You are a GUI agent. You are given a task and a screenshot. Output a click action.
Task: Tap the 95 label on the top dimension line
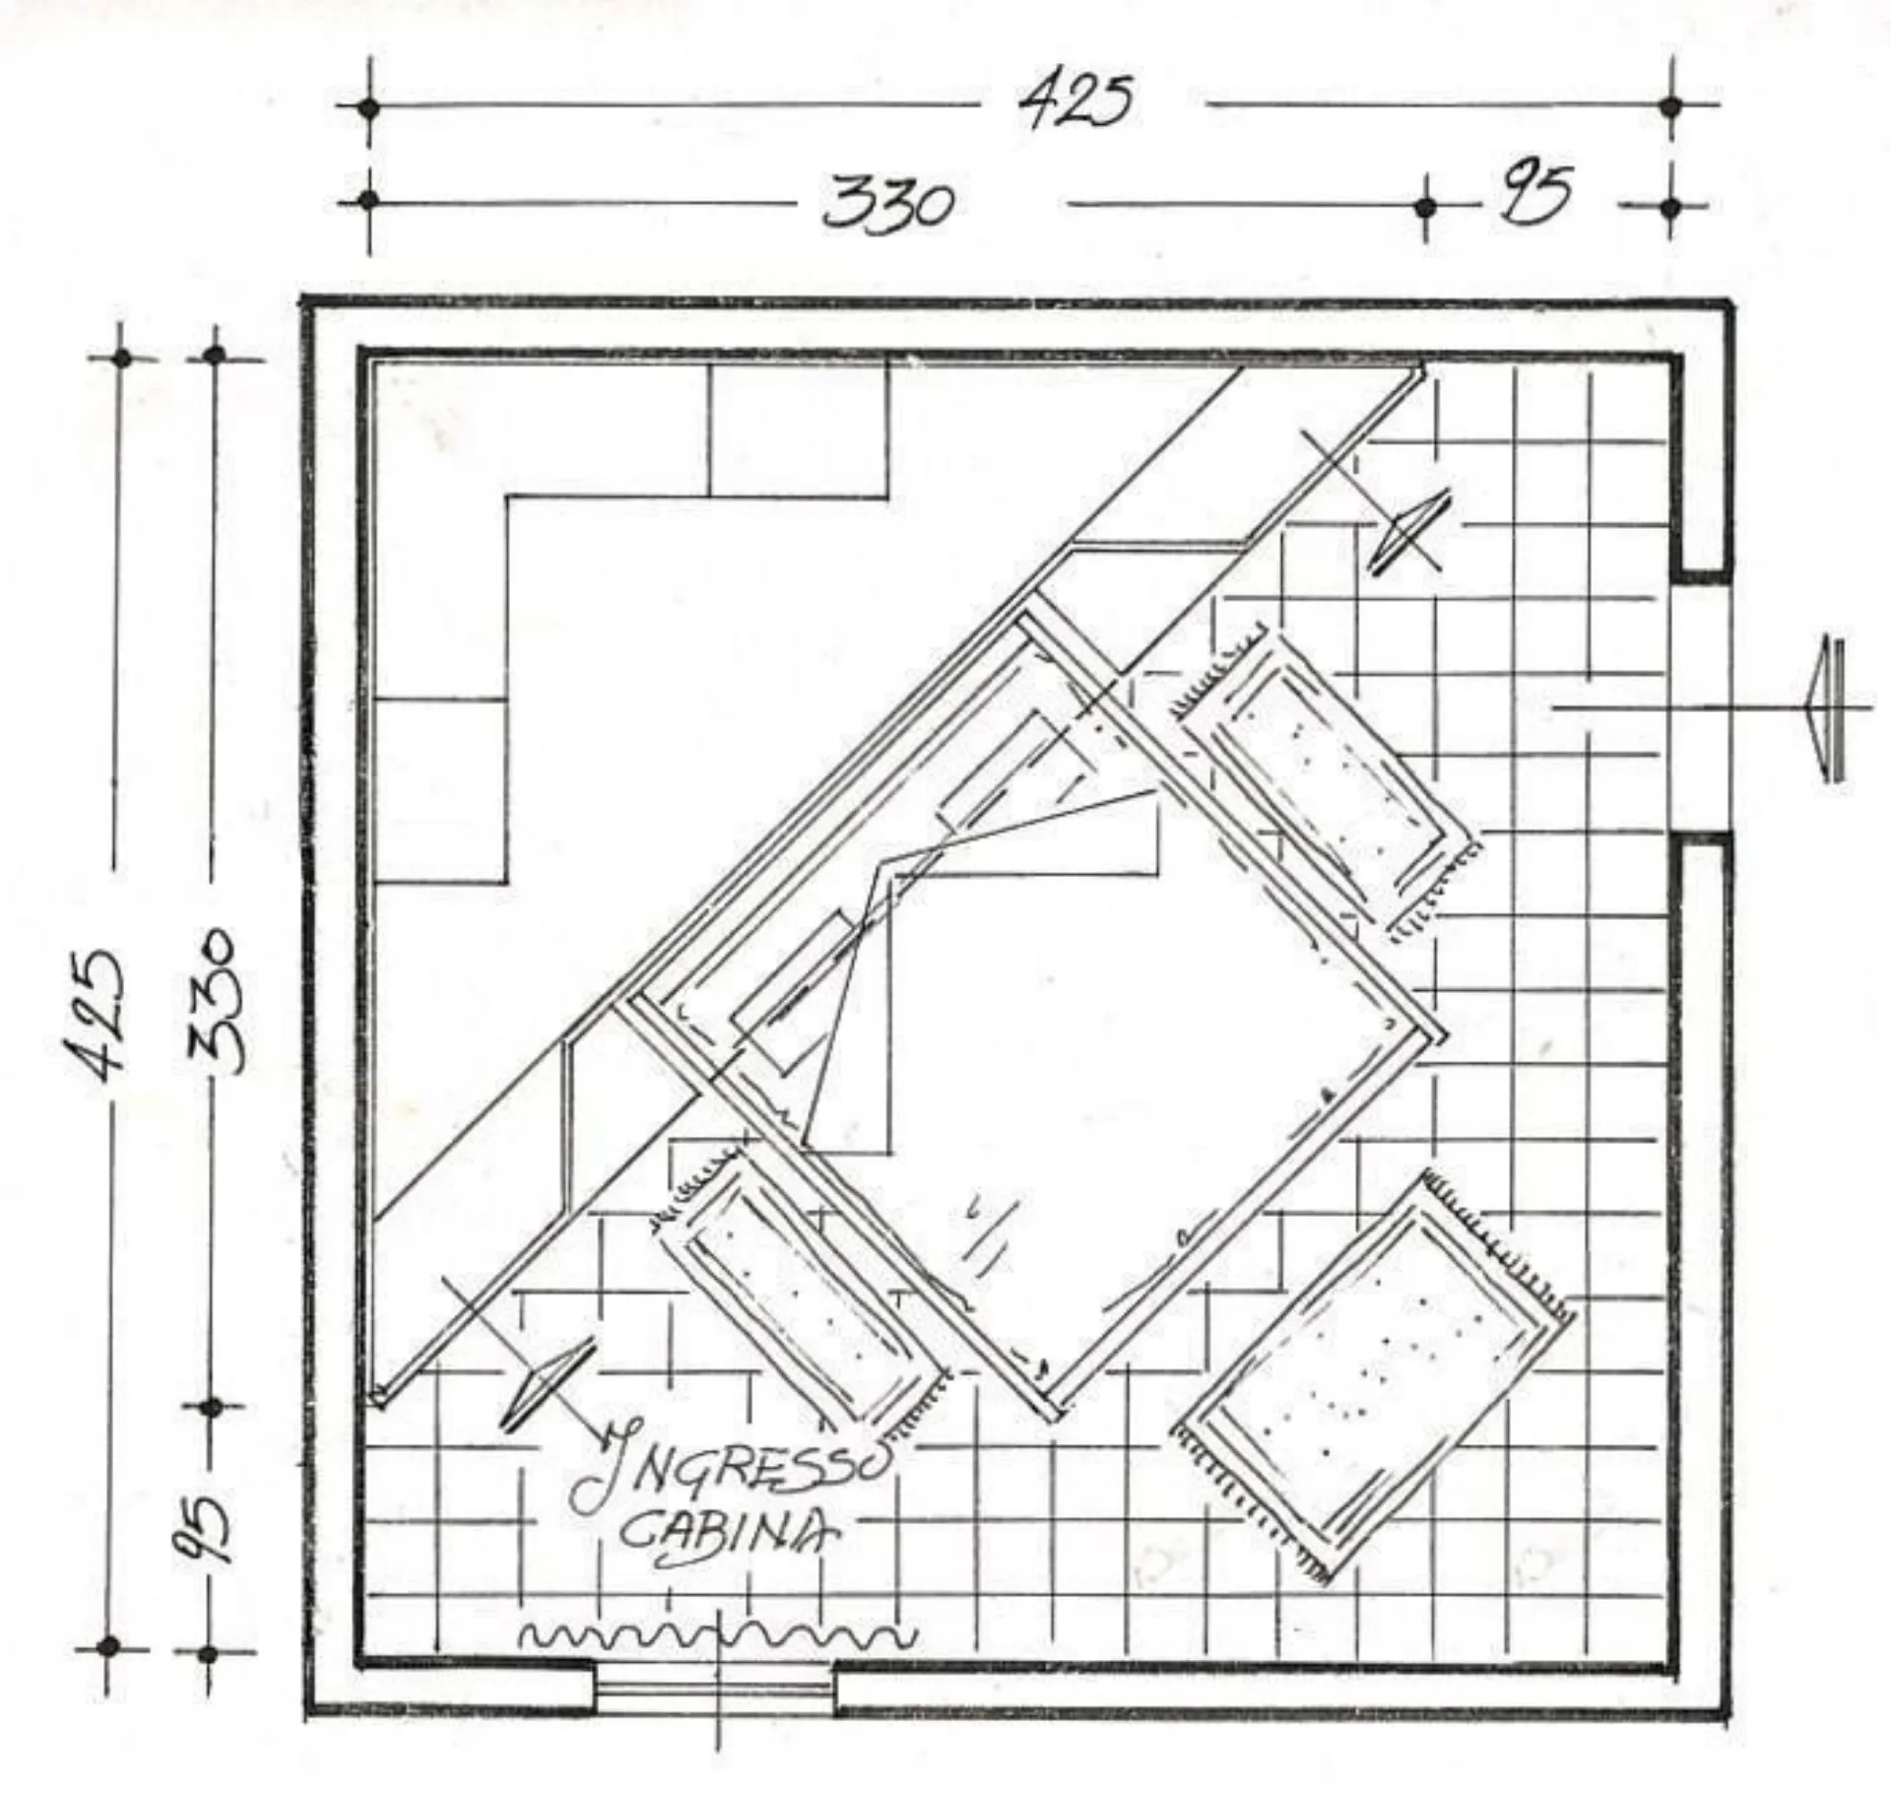(x=1532, y=193)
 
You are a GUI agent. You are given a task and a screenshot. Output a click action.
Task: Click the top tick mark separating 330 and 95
(x=1424, y=207)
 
